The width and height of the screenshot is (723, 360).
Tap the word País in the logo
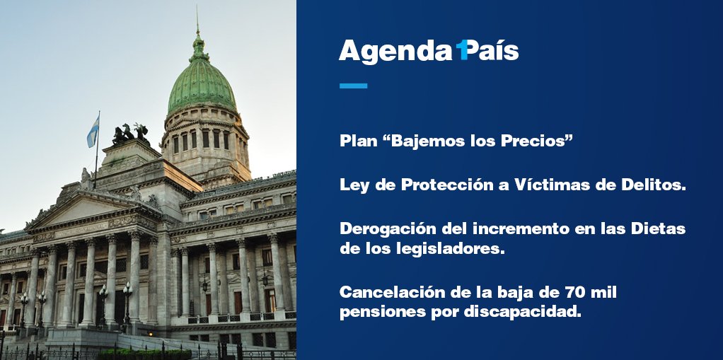(494, 51)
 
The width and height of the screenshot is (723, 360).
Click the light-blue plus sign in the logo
(462, 50)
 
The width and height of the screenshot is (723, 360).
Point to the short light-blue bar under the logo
(353, 86)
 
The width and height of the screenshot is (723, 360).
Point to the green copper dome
(201, 85)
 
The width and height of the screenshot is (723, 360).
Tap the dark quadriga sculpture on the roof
(129, 133)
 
